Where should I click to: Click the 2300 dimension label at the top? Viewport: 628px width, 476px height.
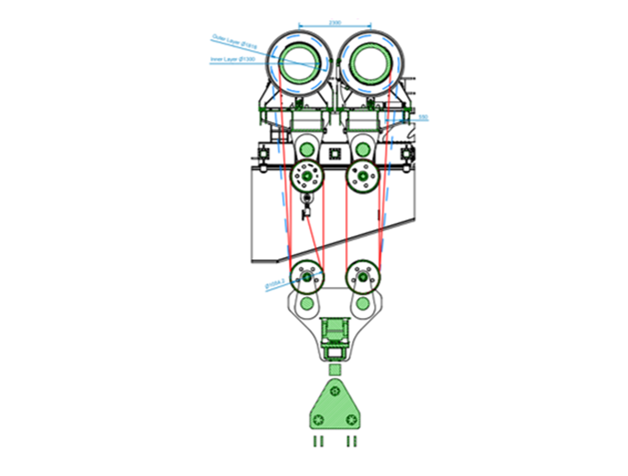coord(335,22)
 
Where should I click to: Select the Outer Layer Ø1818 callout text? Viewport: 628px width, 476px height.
coord(234,41)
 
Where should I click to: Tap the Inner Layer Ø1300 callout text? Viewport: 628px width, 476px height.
coord(233,59)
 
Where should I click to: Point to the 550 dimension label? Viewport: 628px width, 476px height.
coord(423,117)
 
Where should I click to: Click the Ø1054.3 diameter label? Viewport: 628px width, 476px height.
coord(275,284)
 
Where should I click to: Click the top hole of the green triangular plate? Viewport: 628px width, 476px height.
coord(335,391)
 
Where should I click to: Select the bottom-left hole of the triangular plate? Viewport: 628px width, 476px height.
coord(318,419)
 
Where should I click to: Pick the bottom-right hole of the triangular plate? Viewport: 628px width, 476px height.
coord(351,419)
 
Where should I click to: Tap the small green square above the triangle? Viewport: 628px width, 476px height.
coord(335,370)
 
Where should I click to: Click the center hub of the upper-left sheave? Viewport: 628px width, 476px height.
coord(307,176)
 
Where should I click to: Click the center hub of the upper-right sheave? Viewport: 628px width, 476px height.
coord(363,176)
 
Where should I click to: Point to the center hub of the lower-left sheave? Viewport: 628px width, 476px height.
coord(307,277)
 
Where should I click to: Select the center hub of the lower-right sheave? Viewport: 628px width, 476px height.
coord(363,277)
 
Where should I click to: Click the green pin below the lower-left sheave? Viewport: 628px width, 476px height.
coord(307,303)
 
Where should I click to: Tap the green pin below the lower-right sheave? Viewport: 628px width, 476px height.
coord(363,303)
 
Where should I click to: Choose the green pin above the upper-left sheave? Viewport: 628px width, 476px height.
coord(307,150)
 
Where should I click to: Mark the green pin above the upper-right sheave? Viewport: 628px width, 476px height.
coord(363,150)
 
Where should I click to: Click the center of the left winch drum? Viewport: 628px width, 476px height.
coord(299,63)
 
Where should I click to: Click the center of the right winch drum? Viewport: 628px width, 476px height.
coord(371,63)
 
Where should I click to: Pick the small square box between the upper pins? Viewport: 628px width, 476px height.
coord(335,153)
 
